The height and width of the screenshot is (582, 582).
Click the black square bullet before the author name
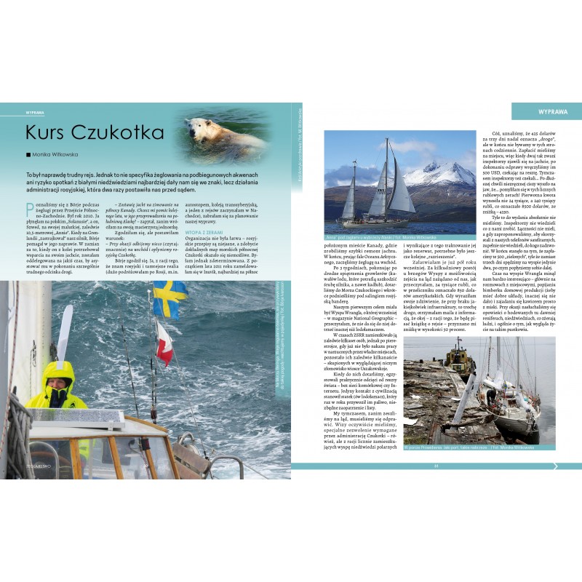[28, 154]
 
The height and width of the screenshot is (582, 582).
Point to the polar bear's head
[196, 128]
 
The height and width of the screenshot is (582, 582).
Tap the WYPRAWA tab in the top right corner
[546, 111]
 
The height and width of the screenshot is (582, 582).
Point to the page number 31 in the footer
[436, 466]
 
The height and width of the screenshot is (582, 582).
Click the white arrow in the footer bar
[575, 466]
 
